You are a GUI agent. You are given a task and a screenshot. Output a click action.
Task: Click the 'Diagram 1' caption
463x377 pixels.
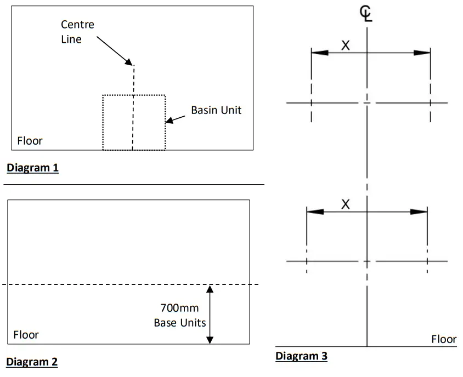32,168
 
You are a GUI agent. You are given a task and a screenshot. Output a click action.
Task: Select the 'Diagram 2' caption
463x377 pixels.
32,362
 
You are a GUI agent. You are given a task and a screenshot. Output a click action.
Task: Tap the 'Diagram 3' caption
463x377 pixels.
301,356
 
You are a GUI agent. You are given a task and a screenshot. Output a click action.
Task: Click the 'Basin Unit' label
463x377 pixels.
216,110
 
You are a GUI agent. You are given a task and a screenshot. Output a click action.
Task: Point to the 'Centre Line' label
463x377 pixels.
77,32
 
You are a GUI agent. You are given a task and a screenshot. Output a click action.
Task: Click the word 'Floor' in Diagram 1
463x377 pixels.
30,141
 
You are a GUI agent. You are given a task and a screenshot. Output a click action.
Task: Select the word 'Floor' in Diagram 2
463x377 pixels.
26,334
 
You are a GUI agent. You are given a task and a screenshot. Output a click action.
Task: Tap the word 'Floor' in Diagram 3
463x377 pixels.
443,339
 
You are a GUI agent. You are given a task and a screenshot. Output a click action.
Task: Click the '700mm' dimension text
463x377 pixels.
179,308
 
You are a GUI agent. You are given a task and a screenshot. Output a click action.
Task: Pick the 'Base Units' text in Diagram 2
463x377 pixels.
179,322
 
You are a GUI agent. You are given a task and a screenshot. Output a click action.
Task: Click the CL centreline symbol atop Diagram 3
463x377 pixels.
366,14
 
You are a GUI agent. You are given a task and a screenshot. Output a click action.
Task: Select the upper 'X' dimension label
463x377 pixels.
345,45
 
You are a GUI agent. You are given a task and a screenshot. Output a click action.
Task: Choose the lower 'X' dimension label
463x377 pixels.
345,204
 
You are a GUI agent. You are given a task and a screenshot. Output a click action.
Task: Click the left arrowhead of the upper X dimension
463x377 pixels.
319,53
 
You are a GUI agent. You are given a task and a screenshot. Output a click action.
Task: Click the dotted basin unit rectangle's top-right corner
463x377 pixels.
165,95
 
